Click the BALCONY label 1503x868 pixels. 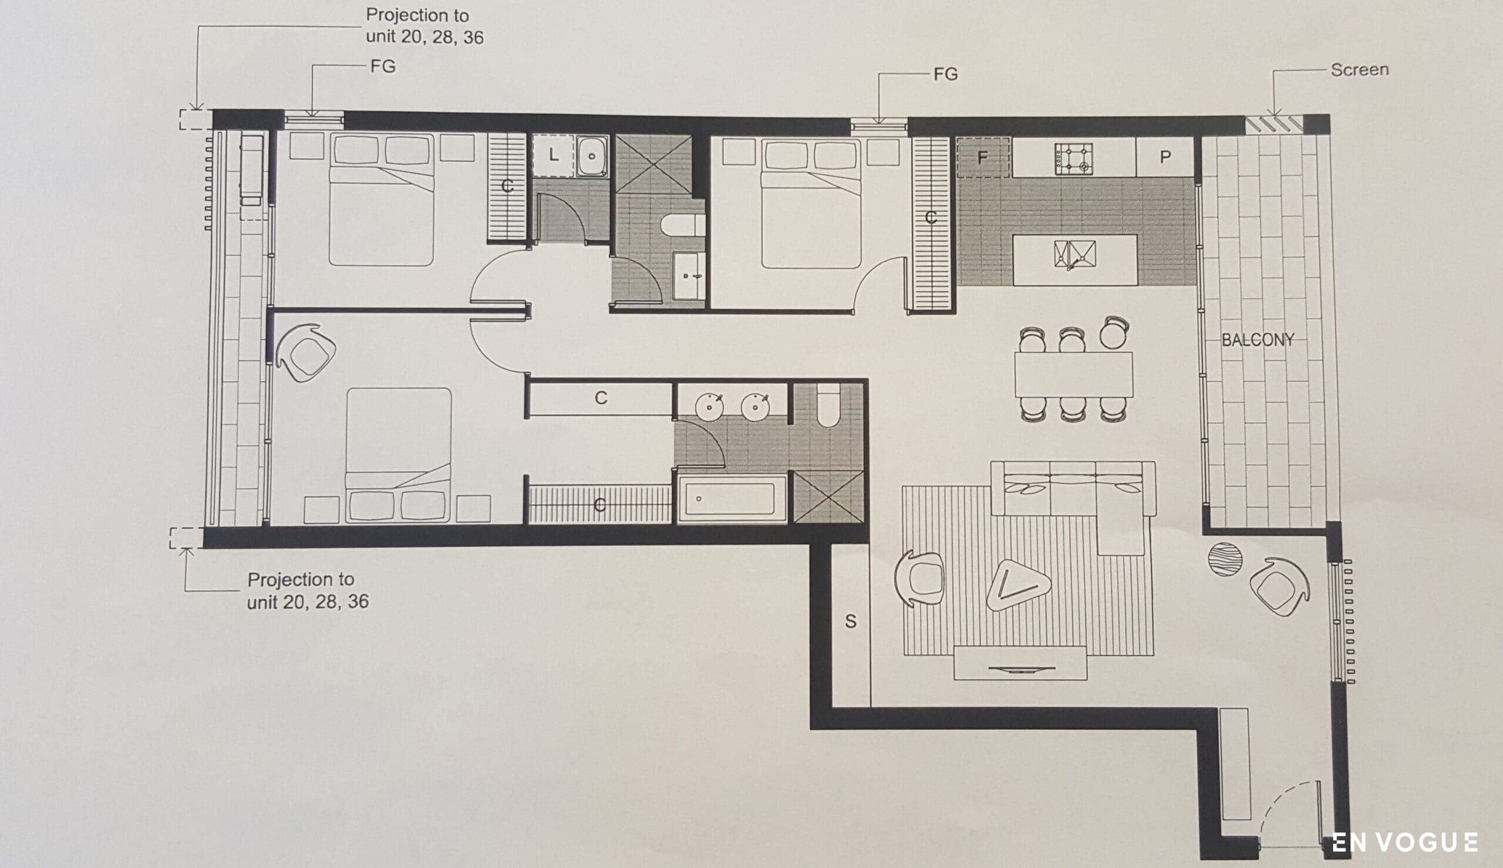point(1258,340)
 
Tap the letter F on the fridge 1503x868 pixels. point(982,157)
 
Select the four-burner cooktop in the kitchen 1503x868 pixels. point(1073,158)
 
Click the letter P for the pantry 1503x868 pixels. point(1165,157)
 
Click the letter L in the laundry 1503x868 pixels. point(554,155)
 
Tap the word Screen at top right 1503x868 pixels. point(1360,70)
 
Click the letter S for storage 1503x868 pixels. point(851,621)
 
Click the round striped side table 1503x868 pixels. point(1225,559)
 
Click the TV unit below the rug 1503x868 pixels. point(1020,663)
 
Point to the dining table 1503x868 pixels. point(1074,374)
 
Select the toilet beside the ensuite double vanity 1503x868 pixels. point(828,405)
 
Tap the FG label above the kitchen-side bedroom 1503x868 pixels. point(946,74)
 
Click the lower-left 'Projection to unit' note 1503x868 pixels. point(308,590)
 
